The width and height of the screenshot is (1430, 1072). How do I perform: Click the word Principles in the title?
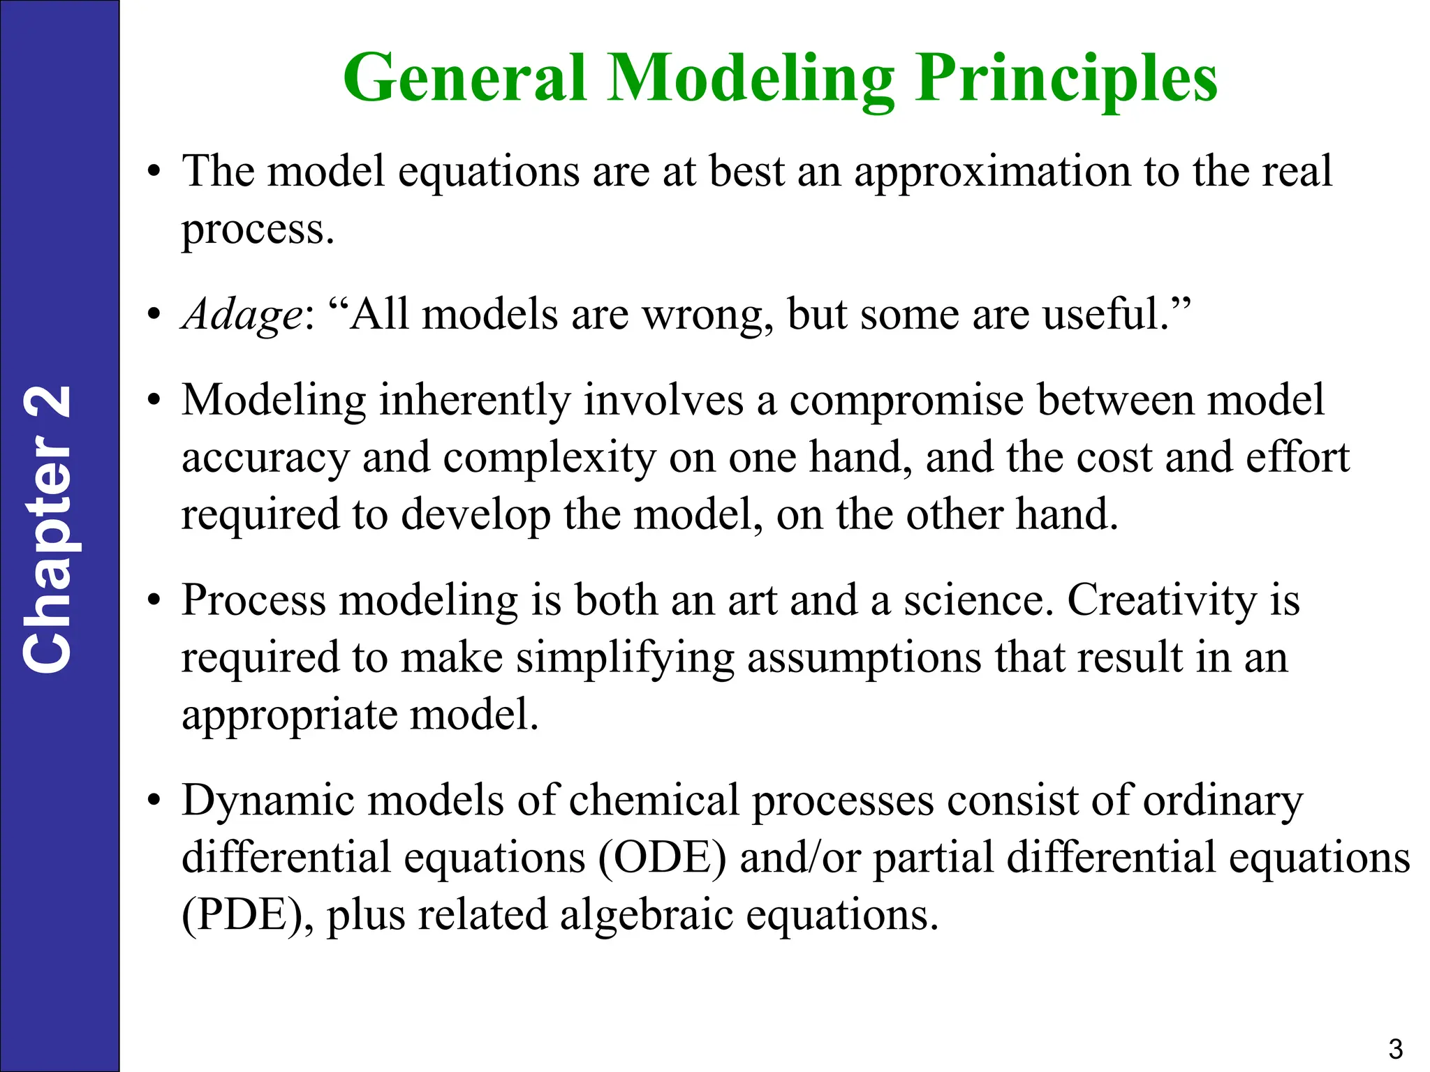point(1066,78)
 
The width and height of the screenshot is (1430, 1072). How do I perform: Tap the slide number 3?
point(1395,1049)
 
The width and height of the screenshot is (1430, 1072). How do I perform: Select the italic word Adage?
point(242,315)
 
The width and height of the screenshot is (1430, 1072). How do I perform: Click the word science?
point(978,601)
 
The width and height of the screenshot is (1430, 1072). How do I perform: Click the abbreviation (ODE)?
point(662,858)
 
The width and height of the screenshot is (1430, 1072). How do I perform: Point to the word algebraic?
point(646,915)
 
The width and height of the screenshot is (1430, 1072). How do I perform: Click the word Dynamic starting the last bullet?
point(268,801)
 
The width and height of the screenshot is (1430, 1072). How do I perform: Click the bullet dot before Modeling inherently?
point(154,401)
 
